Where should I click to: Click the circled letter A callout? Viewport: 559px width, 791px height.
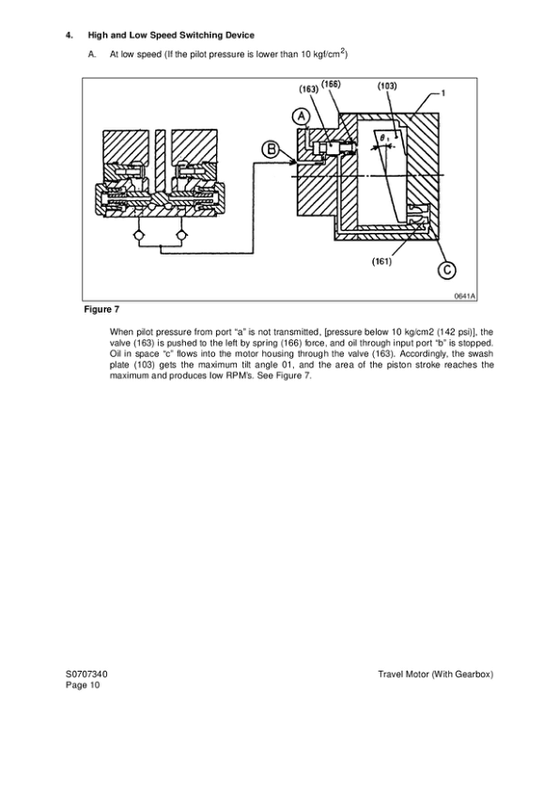(x=301, y=116)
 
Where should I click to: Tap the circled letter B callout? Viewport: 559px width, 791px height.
(x=271, y=148)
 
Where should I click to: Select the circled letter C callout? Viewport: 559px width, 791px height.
(x=447, y=271)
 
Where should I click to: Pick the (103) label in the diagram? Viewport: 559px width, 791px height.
(x=386, y=85)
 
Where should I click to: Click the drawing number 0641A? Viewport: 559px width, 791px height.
(x=464, y=296)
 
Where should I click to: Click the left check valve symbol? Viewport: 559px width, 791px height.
(x=139, y=232)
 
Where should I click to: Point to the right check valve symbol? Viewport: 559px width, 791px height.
(x=181, y=232)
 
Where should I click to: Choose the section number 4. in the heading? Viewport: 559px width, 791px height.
(x=69, y=36)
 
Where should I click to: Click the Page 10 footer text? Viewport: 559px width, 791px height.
(x=82, y=686)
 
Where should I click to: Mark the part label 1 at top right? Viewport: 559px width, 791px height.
(x=443, y=93)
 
